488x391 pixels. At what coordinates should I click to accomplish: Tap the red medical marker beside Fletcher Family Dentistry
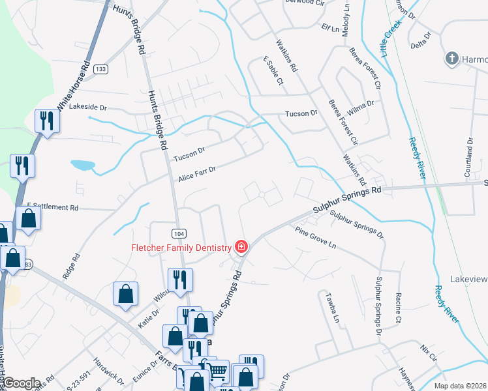(241, 246)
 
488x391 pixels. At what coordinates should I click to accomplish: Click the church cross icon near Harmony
(451, 59)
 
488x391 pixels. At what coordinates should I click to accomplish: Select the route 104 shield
(179, 233)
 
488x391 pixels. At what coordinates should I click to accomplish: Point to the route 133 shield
(100, 69)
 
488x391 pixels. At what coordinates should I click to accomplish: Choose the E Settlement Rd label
(53, 207)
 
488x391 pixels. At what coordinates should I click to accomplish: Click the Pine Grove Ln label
(315, 239)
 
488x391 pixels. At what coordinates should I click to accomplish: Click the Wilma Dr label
(361, 103)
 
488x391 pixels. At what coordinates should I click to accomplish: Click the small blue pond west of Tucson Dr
(82, 165)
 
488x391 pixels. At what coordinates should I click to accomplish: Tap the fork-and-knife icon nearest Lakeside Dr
(46, 121)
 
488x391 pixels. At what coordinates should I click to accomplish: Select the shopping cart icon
(219, 371)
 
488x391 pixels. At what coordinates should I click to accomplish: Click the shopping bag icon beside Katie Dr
(125, 294)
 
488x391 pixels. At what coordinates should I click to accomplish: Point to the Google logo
(22, 383)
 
